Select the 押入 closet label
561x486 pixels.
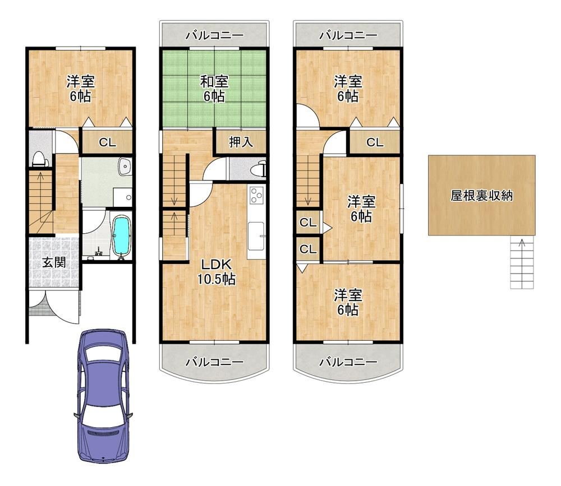(241, 142)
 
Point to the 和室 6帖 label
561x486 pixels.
(214, 89)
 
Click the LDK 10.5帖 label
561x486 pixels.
(217, 271)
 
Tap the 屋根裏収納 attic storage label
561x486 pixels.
(481, 195)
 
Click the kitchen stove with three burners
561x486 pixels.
(256, 195)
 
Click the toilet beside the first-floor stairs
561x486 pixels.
(40, 159)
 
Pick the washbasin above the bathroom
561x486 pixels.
(125, 166)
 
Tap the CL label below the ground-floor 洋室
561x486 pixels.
(107, 143)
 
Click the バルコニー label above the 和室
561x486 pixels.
(214, 35)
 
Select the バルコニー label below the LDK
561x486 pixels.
(214, 362)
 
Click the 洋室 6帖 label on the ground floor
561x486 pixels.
(80, 89)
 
